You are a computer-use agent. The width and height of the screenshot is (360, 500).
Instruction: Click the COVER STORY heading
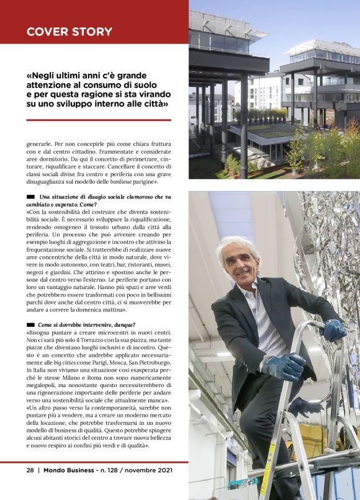click(69, 32)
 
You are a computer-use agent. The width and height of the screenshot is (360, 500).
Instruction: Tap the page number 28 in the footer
click(30, 470)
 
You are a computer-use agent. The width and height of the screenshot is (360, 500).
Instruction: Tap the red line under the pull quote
click(99, 120)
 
